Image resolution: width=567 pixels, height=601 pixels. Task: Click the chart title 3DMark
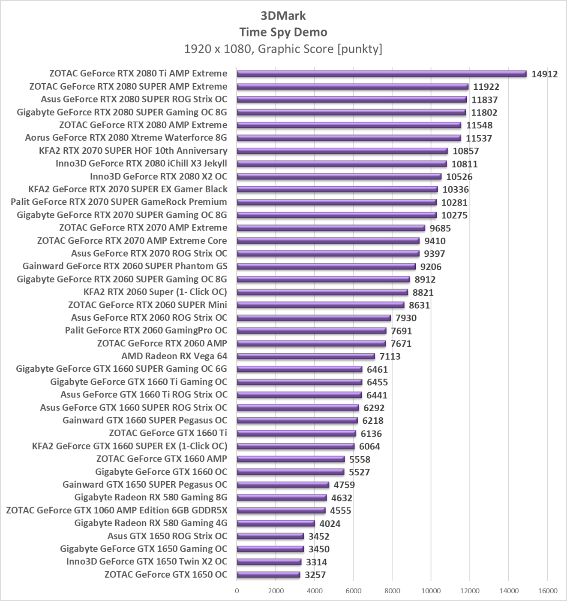pyautogui.click(x=283, y=16)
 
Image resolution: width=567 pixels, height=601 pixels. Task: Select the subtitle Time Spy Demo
pyautogui.click(x=283, y=32)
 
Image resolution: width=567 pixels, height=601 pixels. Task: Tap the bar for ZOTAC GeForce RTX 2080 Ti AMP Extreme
pyautogui.click(x=381, y=74)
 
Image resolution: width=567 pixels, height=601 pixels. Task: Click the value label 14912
pyautogui.click(x=544, y=74)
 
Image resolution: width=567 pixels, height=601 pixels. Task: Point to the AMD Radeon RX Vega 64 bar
pyautogui.click(x=306, y=356)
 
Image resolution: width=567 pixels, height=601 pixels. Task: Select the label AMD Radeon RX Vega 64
pyautogui.click(x=174, y=356)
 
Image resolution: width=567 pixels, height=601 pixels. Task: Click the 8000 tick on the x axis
pyautogui.click(x=392, y=591)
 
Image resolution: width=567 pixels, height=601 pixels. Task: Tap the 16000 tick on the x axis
pyautogui.click(x=547, y=591)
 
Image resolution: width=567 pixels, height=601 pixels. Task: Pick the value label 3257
pyautogui.click(x=315, y=575)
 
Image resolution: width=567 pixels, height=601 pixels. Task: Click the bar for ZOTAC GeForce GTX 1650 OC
pyautogui.click(x=268, y=575)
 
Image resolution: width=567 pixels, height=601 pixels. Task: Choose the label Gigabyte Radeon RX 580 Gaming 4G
pyautogui.click(x=150, y=523)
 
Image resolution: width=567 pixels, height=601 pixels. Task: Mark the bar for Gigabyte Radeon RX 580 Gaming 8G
pyautogui.click(x=282, y=498)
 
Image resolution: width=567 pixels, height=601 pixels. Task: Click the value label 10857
pyautogui.click(x=465, y=151)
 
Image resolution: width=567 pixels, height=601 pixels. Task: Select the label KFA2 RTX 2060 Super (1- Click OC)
pyautogui.click(x=155, y=292)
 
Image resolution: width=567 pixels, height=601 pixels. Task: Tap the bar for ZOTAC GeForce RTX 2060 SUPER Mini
pyautogui.click(x=320, y=305)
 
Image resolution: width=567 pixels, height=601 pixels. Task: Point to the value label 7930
pyautogui.click(x=406, y=318)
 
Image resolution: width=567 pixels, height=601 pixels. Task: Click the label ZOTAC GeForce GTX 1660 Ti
pyautogui.click(x=168, y=433)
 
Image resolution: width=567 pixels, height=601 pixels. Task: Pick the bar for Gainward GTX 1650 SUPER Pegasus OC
pyautogui.click(x=283, y=485)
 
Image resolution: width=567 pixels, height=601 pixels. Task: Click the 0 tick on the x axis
pyautogui.click(x=237, y=591)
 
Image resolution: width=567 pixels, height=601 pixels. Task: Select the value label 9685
pyautogui.click(x=440, y=228)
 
